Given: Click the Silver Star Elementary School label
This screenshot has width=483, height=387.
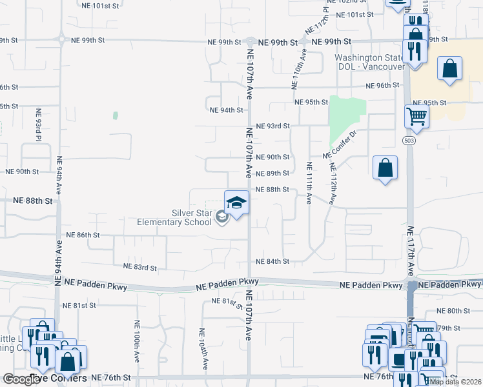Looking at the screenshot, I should click(x=174, y=217).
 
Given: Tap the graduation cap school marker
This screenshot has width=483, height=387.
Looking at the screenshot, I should click(x=236, y=203).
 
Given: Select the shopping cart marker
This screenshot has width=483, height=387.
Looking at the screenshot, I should click(x=417, y=117).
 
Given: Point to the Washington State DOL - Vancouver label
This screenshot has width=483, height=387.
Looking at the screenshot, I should click(x=369, y=62).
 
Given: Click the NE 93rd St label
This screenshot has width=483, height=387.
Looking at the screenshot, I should click(x=272, y=126).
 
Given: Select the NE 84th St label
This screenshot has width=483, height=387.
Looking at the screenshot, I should click(x=272, y=261).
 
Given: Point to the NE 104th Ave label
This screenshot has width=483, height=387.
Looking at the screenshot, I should click(x=203, y=348).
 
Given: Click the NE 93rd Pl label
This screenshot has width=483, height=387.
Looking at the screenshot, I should click(x=39, y=129).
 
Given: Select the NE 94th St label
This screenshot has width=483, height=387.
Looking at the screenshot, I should click(x=225, y=110).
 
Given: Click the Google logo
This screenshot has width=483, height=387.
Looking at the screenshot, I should click(x=21, y=379).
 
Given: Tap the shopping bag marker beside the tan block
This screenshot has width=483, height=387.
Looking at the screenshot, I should click(x=449, y=69).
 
